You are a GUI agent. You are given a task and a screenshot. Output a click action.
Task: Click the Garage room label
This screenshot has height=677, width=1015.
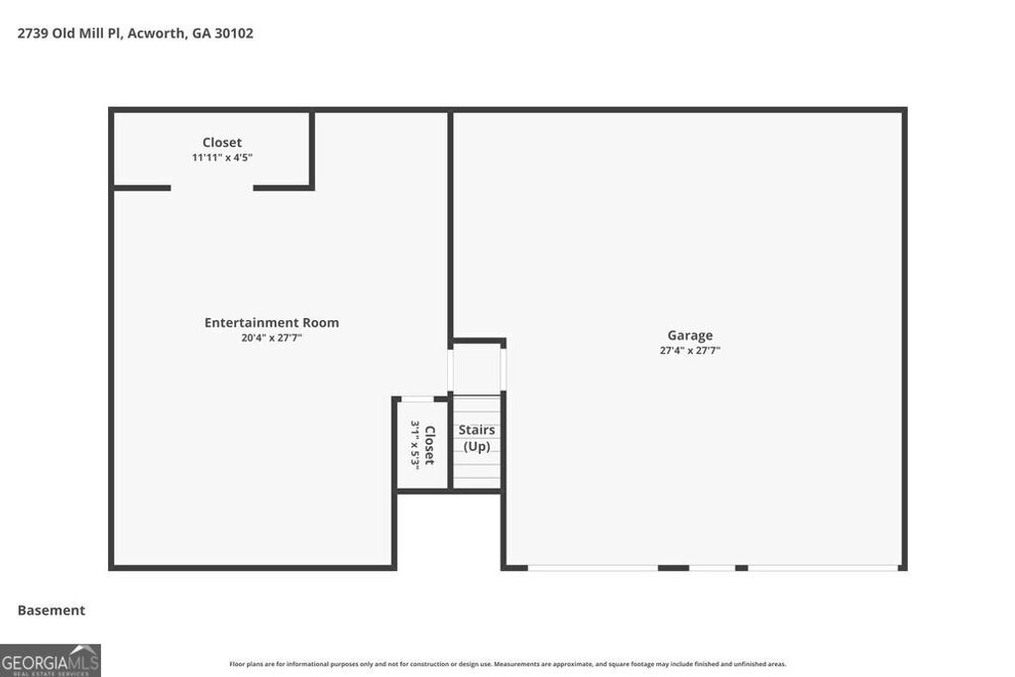[690, 335]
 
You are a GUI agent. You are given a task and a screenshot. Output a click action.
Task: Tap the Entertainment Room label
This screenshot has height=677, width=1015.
[272, 322]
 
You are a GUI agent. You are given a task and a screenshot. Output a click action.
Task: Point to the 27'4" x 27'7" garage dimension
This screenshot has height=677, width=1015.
[690, 350]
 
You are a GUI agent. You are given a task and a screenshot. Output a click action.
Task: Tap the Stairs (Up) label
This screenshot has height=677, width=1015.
[477, 438]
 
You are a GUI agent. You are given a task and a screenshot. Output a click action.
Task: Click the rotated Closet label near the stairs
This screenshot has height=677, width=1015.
[430, 445]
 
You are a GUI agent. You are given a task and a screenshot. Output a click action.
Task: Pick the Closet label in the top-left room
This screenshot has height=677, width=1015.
[222, 143]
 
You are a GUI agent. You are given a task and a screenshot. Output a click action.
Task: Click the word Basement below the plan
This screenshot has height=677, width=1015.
[52, 611]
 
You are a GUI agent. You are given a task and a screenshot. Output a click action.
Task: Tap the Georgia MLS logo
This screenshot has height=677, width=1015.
[51, 660]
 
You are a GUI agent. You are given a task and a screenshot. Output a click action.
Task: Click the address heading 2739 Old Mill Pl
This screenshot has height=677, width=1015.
[68, 33]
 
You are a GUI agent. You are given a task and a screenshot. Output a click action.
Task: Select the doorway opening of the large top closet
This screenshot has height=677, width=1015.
[212, 187]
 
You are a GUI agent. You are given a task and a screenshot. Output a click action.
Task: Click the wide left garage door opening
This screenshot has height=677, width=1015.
[593, 568]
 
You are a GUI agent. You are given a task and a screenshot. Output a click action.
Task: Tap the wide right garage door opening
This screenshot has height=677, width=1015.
[823, 568]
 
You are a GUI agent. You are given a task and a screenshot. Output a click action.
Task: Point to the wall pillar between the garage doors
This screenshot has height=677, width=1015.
[673, 568]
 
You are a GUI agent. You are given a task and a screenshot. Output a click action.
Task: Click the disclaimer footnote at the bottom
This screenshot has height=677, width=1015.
[507, 664]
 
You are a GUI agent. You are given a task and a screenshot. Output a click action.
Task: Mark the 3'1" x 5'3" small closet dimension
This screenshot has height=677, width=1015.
[415, 445]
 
